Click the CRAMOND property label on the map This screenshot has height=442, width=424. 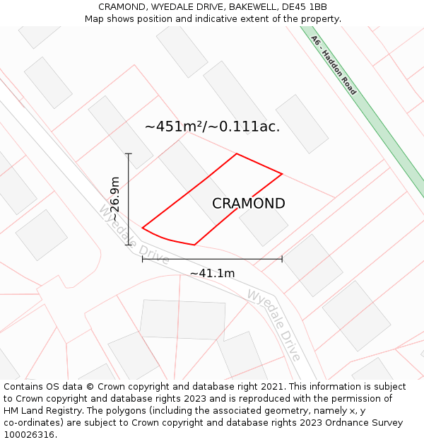tap(249, 204)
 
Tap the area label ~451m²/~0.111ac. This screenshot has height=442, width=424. tap(212, 127)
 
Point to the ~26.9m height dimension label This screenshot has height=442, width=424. tap(115, 199)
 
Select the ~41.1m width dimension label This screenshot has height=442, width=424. tap(212, 273)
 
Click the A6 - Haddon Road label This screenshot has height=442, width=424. tap(334, 66)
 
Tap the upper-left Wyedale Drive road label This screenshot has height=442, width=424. tap(134, 234)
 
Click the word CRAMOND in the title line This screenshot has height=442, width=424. tap(121, 6)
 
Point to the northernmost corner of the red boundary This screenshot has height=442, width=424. tap(236, 153)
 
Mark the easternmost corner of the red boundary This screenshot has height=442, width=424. tap(282, 173)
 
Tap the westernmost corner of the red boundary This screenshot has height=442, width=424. tap(143, 228)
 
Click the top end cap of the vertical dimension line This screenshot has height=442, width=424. tap(128, 153)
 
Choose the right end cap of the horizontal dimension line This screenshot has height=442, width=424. tap(282, 259)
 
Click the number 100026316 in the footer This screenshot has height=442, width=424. tap(30, 435)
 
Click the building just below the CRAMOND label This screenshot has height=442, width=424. tap(264, 224)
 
